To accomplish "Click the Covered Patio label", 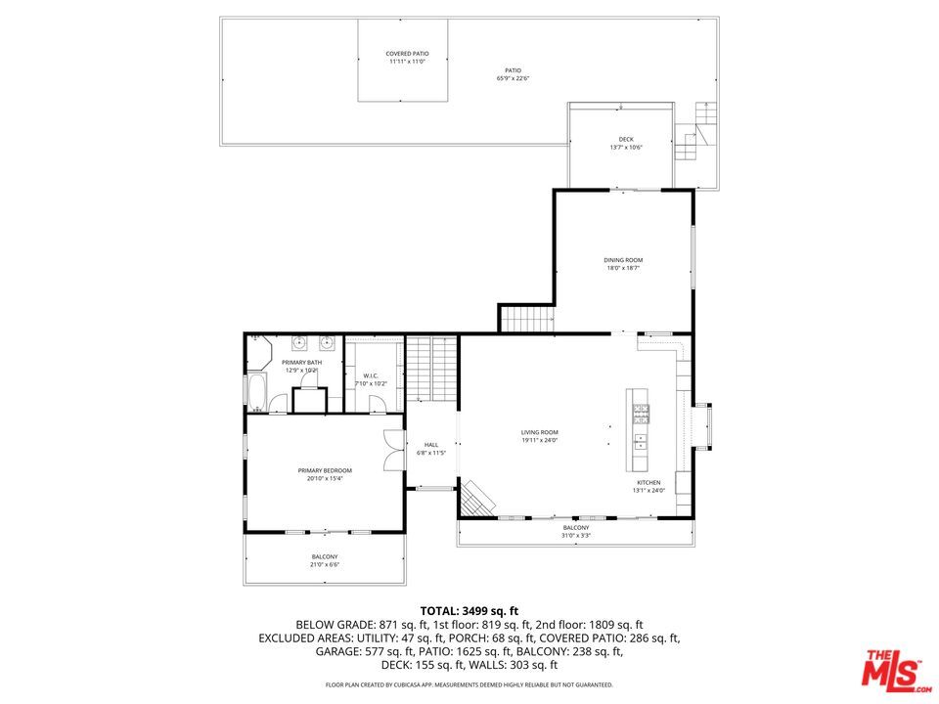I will (407, 54).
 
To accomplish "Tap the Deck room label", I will (626, 139).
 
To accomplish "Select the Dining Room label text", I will (623, 260).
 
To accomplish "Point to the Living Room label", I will (539, 432).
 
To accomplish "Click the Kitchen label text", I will (648, 482).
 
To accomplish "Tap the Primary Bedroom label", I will (325, 470).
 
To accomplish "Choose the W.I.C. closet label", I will (371, 375).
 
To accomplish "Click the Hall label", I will (430, 445).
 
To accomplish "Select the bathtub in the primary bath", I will (256, 394).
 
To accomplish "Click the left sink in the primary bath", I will (299, 343).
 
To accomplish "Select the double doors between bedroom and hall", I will (393, 453).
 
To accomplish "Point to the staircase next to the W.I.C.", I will (431, 368).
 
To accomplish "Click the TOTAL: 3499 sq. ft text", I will (469, 610).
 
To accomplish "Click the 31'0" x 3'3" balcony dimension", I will (576, 536).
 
